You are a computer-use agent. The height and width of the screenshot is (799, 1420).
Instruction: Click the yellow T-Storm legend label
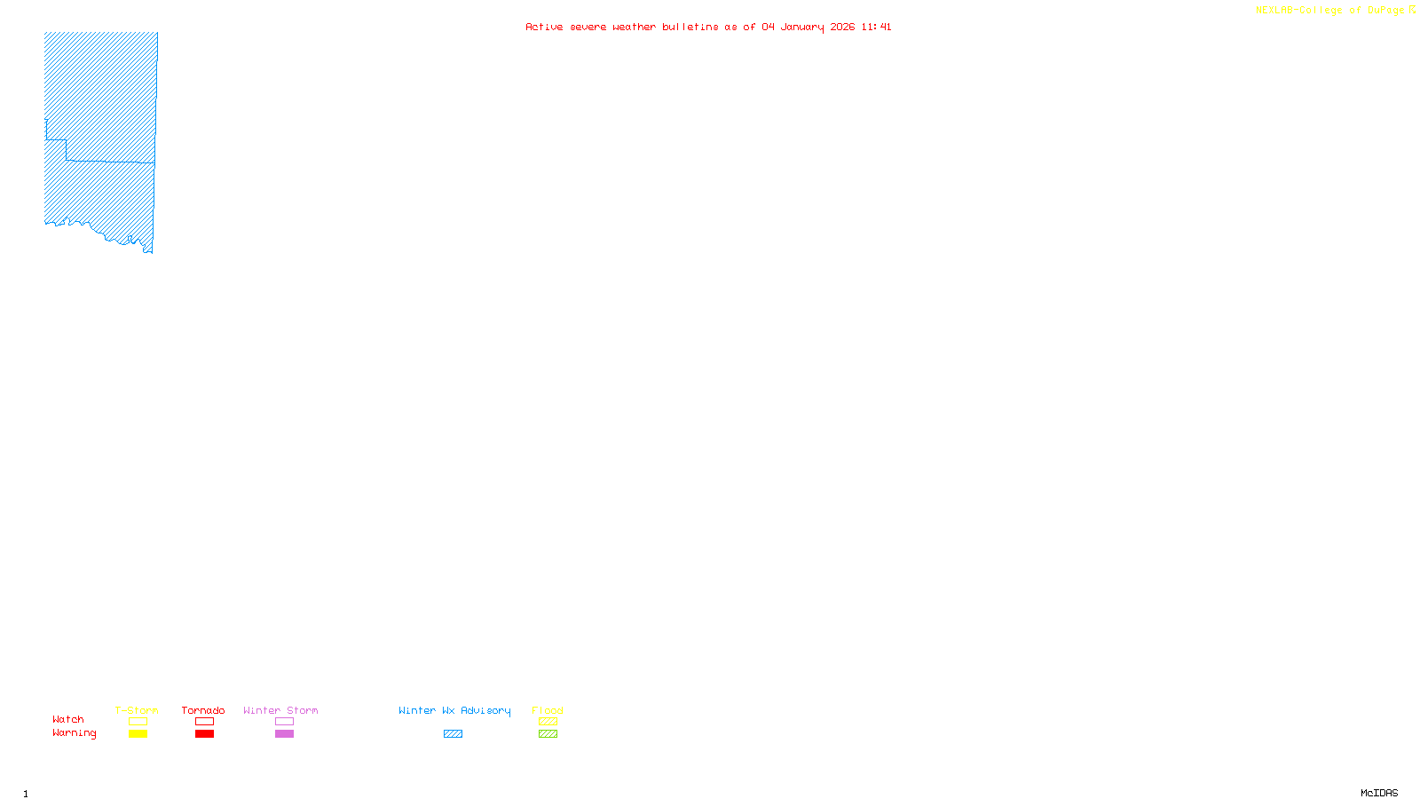pos(137,710)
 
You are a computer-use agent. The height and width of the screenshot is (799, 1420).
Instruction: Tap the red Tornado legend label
pos(203,710)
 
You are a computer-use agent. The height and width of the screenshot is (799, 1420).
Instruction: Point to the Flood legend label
pos(548,710)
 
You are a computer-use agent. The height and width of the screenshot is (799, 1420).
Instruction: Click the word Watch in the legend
pos(68,720)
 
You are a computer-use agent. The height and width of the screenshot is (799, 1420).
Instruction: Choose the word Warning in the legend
pos(75,733)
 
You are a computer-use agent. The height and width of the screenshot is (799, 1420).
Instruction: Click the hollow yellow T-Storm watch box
pos(138,722)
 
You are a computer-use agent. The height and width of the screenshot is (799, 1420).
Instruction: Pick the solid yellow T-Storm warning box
pos(138,734)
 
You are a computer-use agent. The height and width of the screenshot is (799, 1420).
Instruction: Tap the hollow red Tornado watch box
pos(204,722)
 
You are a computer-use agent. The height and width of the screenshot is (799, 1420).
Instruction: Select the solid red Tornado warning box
pos(204,734)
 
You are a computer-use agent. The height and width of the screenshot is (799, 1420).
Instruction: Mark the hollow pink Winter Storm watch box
pos(284,722)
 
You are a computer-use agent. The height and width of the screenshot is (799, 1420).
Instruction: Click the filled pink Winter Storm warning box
pos(284,734)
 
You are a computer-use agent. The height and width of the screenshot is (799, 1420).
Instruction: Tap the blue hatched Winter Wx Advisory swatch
pos(453,734)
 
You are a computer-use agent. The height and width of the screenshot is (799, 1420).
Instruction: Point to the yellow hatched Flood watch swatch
pos(548,722)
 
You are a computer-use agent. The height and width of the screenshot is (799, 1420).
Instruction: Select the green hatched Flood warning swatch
pos(548,734)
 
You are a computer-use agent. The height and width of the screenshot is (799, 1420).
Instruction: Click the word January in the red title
pos(802,27)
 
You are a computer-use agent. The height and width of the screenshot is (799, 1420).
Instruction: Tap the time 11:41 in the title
pos(876,27)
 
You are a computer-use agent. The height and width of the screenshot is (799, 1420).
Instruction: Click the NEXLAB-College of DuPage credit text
pos(1330,11)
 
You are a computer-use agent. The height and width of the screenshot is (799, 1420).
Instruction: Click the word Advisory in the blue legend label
pos(485,710)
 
